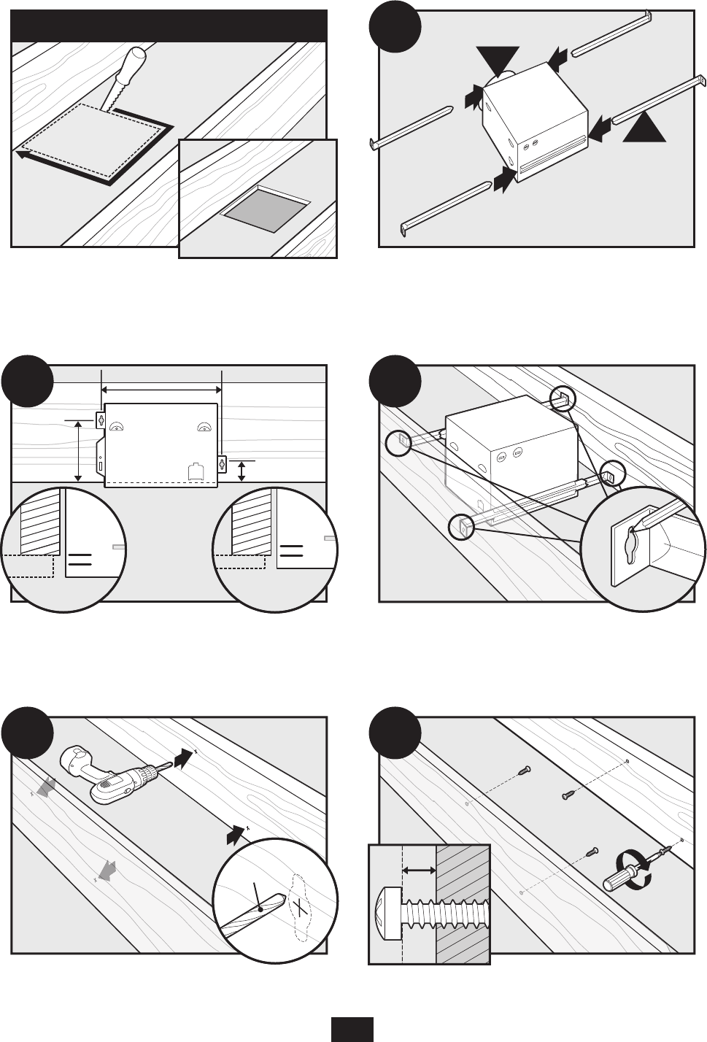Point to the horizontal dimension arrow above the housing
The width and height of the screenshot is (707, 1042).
tap(161, 390)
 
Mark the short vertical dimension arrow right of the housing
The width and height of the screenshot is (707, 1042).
tap(242, 471)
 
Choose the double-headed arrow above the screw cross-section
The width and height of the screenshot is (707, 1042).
tap(419, 870)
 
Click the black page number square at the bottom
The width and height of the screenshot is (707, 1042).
tap(352, 1030)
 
